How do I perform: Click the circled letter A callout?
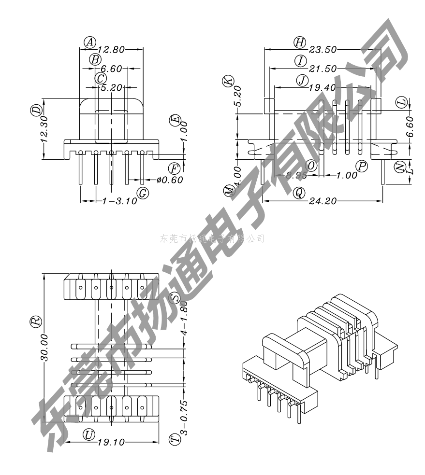(x=89, y=42)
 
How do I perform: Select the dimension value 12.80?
(x=111, y=49)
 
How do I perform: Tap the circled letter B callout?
(x=95, y=59)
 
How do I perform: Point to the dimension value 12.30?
(x=44, y=128)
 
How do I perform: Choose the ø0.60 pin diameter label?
(x=169, y=180)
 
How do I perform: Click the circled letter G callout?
(x=143, y=193)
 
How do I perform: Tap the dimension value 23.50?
(x=323, y=49)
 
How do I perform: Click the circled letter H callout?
(x=300, y=42)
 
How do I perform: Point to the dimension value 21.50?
(x=323, y=69)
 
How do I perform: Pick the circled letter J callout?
(x=303, y=80)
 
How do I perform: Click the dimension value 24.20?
(x=323, y=201)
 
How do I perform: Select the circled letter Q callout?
(x=299, y=193)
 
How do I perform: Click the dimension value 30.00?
(x=44, y=348)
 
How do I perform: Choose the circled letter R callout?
(x=35, y=322)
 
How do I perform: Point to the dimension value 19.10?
(x=112, y=442)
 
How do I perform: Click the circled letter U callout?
(x=88, y=434)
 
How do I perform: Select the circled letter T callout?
(x=174, y=439)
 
